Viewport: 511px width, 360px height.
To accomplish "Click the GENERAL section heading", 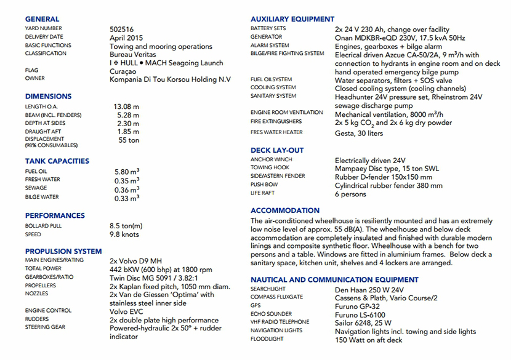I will [42, 19].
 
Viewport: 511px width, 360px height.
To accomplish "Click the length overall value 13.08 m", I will [126, 106].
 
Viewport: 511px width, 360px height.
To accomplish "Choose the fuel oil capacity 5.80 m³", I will [126, 172].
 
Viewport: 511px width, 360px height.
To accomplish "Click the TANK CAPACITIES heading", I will [57, 161].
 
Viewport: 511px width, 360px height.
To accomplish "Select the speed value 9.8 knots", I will [126, 234].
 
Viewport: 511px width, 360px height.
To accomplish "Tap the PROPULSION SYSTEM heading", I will [63, 251].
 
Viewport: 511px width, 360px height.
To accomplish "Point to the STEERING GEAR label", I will [46, 327].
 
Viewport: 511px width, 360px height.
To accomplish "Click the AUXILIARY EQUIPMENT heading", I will [292, 19].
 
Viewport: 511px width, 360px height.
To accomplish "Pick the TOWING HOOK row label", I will [270, 167].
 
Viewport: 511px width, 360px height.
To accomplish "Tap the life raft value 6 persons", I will [350, 194].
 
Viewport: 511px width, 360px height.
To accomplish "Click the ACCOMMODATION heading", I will [285, 210].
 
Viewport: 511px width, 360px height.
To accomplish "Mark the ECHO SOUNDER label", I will [272, 313].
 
